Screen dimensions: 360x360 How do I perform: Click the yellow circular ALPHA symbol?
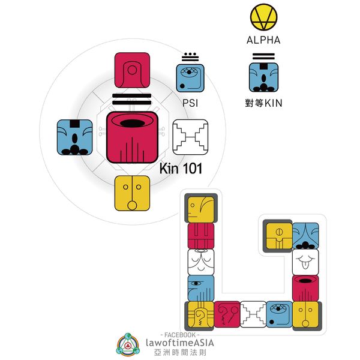pos(263,18)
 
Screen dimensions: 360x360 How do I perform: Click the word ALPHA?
pos(263,41)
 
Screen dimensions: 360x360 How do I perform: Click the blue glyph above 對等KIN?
pos(263,77)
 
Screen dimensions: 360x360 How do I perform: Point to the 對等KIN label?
pos(263,103)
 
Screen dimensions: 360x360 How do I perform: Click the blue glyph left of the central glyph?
pos(74,137)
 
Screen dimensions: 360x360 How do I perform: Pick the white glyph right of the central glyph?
pos(190,137)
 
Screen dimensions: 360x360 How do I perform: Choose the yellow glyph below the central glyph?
pos(132,193)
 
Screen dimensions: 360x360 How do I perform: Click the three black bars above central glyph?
pos(132,99)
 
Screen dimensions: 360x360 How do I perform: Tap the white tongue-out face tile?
pos(305,262)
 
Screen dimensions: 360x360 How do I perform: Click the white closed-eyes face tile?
pos(201,262)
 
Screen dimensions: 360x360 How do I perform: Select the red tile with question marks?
pos(227,314)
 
